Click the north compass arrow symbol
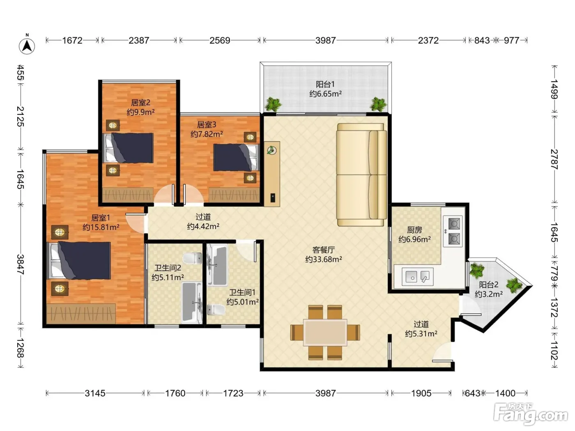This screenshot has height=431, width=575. (x=27, y=46)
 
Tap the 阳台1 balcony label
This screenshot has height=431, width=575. (x=325, y=84)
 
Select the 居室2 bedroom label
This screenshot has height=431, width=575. (x=141, y=103)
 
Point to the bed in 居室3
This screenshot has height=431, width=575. (x=236, y=157)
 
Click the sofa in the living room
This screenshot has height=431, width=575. (x=361, y=174)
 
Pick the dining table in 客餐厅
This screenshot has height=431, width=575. (x=325, y=332)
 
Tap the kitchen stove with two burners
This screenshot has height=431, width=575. (x=453, y=232)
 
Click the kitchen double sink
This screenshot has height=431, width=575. (x=417, y=276)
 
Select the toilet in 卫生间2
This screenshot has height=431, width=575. (x=192, y=258)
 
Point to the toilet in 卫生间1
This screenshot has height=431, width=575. (x=216, y=310)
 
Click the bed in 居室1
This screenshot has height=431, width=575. (x=78, y=260)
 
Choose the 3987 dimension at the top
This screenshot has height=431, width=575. (x=325, y=40)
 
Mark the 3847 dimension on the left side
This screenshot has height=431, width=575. (x=21, y=264)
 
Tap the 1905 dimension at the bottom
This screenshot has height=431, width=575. (x=421, y=393)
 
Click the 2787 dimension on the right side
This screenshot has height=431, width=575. (x=554, y=159)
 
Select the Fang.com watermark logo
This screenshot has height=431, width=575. (x=531, y=414)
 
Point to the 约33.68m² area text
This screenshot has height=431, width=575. (x=324, y=259)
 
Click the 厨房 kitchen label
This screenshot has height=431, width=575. (x=414, y=230)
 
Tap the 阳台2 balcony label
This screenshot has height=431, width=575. (x=489, y=284)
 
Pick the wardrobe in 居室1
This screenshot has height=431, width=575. (x=81, y=314)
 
